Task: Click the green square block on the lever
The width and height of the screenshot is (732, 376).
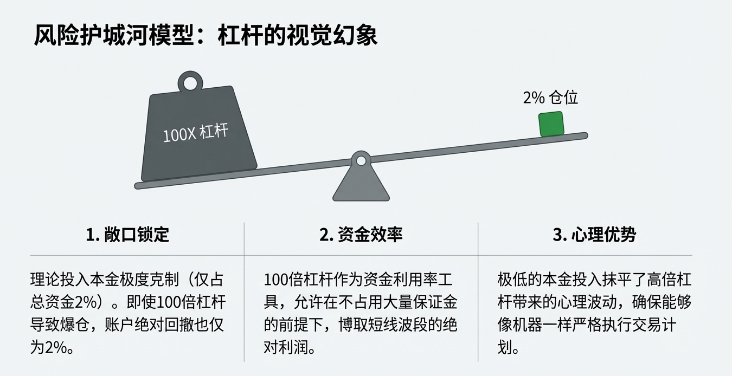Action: click(551, 124)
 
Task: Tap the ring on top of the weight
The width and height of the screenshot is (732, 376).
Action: click(190, 83)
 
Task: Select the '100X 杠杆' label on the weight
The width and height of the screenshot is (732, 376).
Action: click(195, 133)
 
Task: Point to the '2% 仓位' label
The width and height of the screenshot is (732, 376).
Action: click(550, 98)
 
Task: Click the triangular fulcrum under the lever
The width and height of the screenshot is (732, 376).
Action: click(361, 184)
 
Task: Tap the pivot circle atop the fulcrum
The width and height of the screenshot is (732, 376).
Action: click(361, 160)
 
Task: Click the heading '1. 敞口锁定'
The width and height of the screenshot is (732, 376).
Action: click(128, 235)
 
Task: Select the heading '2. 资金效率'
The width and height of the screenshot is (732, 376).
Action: click(361, 235)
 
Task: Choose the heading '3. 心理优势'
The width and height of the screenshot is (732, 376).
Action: click(594, 235)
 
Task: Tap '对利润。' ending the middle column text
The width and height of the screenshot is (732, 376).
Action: click(290, 347)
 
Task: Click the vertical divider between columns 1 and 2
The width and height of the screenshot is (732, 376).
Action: click(244, 293)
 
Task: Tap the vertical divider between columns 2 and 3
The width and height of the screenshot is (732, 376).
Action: click(478, 293)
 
